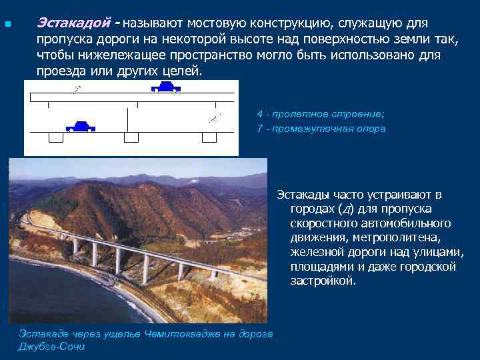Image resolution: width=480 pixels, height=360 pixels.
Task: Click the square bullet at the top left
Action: pos(7,25)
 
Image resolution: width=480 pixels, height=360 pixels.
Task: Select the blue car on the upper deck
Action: pos(165,87)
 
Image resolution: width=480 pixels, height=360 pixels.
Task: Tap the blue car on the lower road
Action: pos(79,126)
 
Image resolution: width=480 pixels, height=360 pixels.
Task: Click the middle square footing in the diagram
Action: pos(131,137)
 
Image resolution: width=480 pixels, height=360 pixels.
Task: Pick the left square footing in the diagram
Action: pos(55,137)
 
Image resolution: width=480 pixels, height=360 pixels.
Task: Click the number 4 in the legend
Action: pos(259,114)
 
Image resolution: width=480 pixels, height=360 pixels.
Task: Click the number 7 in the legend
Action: pos(259,129)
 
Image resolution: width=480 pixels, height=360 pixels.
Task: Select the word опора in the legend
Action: pos(371,129)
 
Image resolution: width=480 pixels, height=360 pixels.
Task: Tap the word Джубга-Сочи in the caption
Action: pos(52,347)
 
